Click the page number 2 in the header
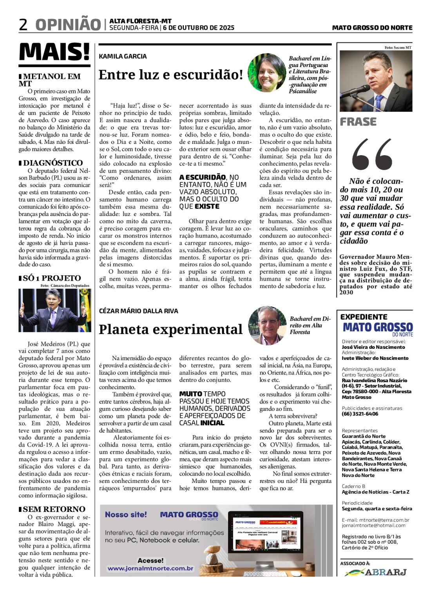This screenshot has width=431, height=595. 24,24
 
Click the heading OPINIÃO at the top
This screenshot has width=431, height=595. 68,24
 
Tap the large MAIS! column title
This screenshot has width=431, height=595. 54,52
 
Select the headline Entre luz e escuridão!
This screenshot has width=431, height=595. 171,74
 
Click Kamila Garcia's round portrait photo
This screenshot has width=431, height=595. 267,73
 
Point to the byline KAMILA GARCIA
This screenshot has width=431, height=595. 123,56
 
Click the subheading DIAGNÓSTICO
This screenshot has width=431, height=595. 53,163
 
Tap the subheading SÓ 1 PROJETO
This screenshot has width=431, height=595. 52,278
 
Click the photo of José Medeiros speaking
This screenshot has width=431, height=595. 54,310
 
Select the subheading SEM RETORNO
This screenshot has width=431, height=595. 54,509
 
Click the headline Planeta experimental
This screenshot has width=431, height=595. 170,329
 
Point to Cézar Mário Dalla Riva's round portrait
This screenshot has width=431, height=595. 267,326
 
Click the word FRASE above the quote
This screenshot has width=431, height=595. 358,122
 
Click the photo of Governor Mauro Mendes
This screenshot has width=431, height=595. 376,81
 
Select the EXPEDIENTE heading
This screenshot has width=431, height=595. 364,317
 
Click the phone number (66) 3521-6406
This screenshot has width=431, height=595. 360,414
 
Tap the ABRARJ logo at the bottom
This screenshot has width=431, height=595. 376,572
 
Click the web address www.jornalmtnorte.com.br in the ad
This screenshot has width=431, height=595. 150,568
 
